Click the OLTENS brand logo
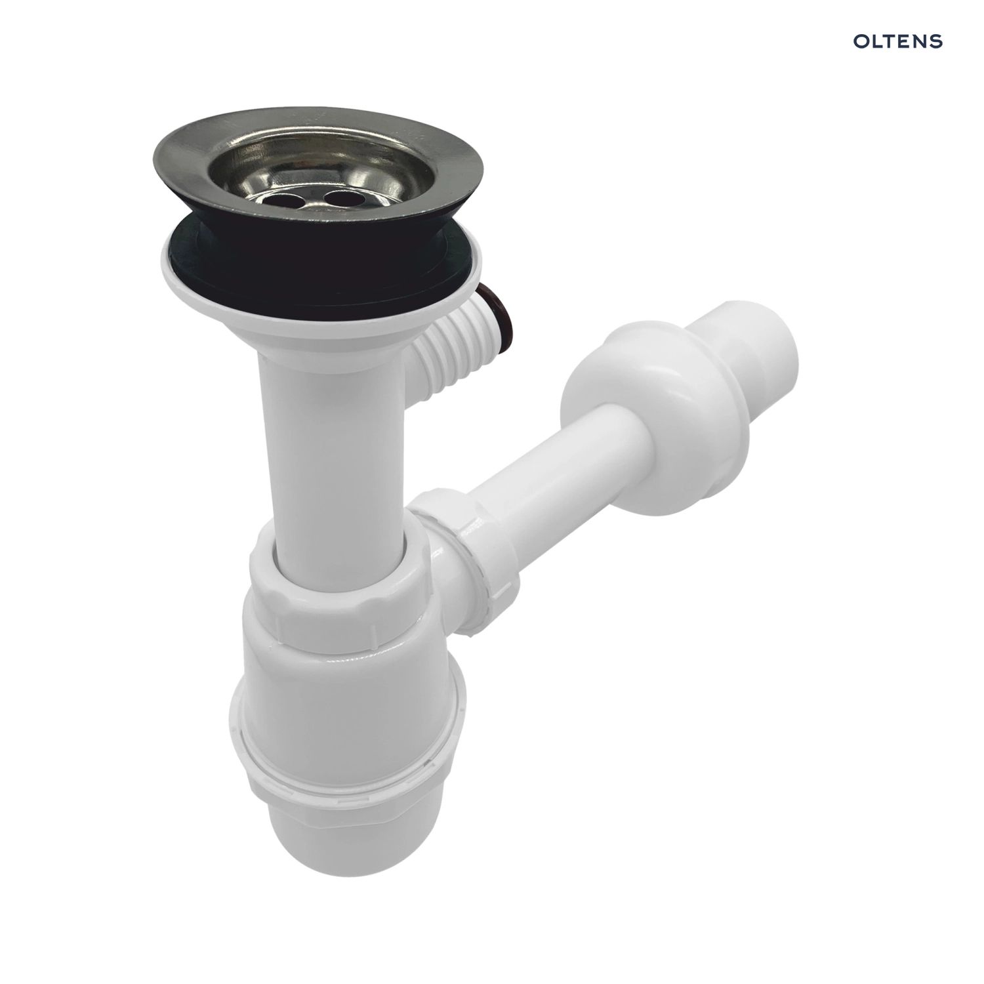897,41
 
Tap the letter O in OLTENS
860,41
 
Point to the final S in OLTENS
937,41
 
